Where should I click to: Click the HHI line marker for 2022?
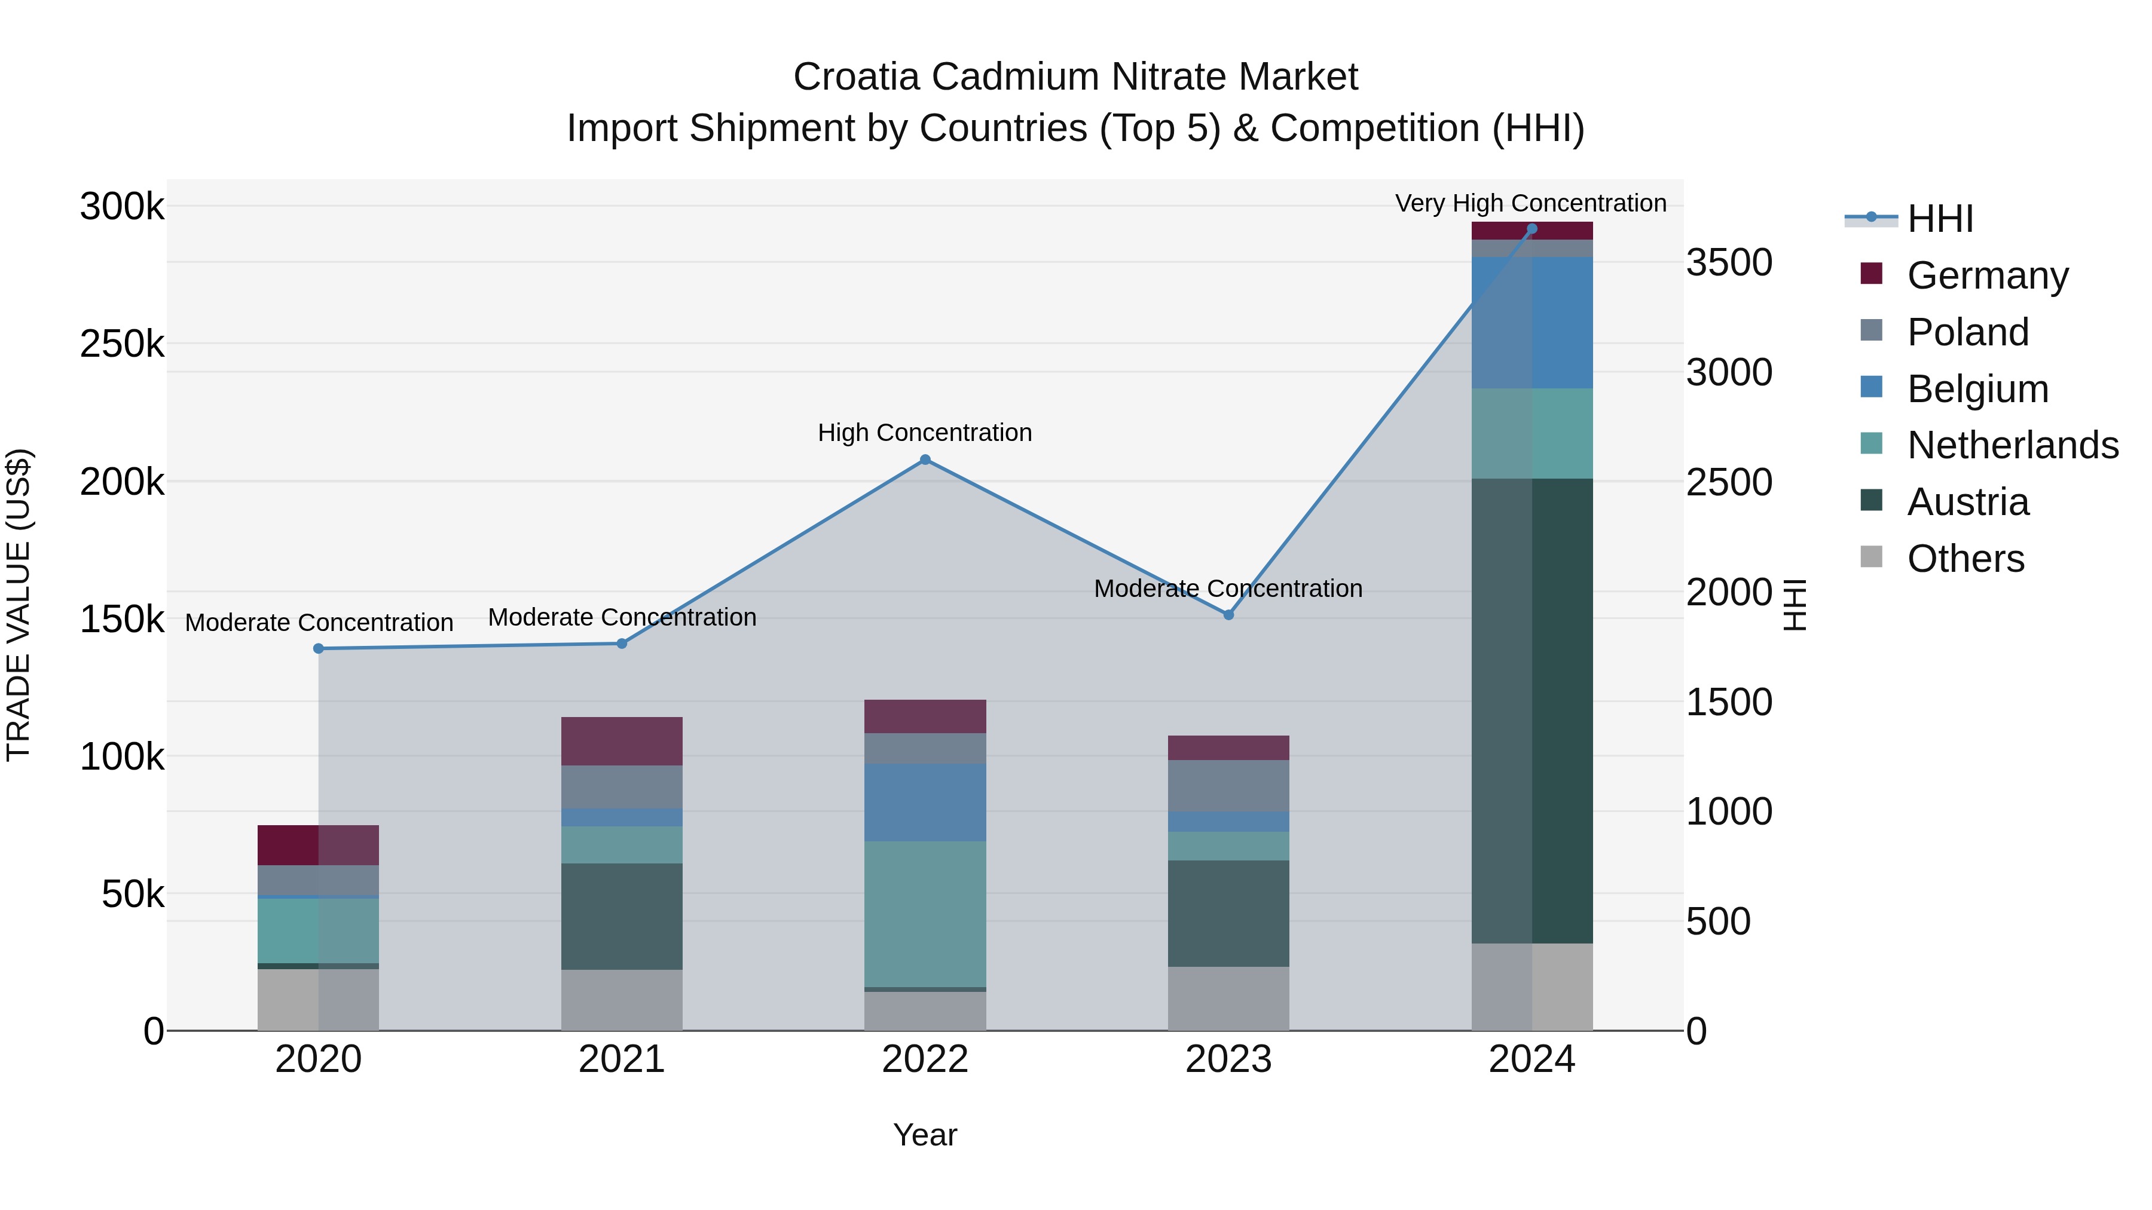point(925,460)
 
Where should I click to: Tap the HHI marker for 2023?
point(1228,615)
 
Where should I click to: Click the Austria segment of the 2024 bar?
point(1532,710)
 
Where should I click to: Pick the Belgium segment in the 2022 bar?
point(925,802)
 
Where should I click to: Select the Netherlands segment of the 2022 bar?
point(925,914)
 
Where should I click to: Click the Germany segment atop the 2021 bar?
point(622,741)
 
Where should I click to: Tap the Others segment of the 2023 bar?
point(1228,998)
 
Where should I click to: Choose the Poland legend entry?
point(1967,332)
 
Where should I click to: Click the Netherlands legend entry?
point(2012,445)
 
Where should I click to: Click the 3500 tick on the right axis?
point(1728,262)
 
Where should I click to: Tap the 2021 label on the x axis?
point(622,1059)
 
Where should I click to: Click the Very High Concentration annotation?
point(1530,203)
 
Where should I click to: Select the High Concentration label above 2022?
point(925,433)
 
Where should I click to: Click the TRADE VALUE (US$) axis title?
point(19,605)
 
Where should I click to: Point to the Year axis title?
point(925,1135)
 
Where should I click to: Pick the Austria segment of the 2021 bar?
point(622,916)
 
